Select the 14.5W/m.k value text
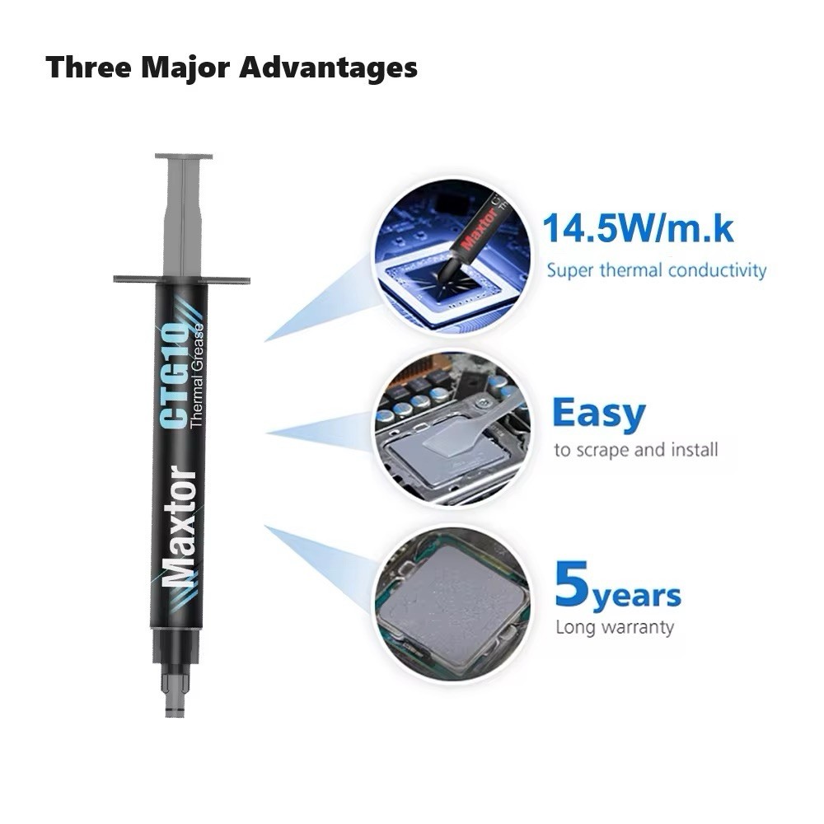tap(637, 228)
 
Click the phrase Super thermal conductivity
tap(657, 270)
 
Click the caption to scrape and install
tap(635, 450)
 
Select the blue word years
tap(637, 595)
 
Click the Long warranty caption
tap(614, 627)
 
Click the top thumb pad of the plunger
tap(183, 156)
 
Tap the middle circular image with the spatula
tap(451, 428)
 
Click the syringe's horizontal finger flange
tap(181, 279)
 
